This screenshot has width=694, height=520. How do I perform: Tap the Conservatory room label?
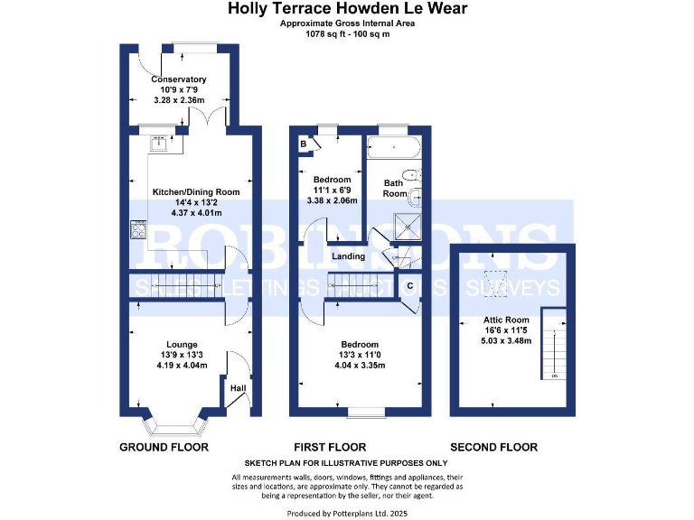(179, 79)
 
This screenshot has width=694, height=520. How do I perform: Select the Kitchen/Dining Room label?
(183, 191)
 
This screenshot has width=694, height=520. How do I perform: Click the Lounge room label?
(182, 344)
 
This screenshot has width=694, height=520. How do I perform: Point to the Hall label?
(238, 388)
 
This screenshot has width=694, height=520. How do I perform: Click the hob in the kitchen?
(140, 229)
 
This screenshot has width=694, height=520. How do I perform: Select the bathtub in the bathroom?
(393, 148)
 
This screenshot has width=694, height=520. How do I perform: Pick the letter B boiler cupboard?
(303, 144)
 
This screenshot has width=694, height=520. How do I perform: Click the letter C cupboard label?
(409, 286)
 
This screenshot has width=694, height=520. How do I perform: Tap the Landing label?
(349, 256)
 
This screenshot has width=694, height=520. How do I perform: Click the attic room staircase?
(553, 345)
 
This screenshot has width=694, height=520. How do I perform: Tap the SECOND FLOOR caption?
(493, 447)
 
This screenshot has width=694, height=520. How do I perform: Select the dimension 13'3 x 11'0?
(359, 356)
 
